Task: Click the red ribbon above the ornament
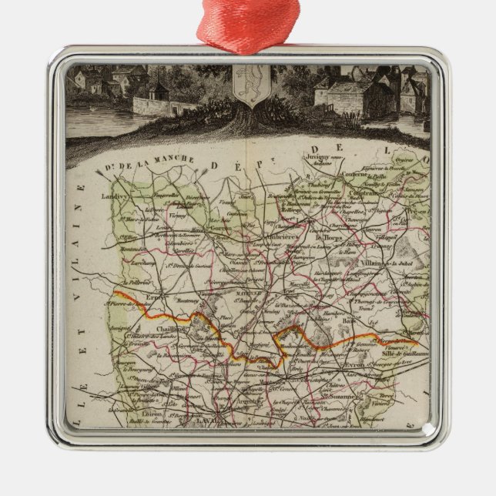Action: (247, 23)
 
